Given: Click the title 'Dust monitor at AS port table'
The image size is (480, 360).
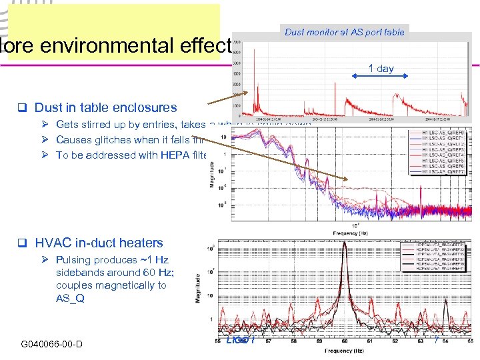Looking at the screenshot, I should (344, 32).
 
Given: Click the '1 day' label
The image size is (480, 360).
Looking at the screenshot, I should (381, 68).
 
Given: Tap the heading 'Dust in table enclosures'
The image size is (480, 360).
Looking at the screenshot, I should (105, 107).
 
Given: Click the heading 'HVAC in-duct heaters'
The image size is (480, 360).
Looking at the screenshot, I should (99, 243).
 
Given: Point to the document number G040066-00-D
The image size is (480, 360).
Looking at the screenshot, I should (51, 344).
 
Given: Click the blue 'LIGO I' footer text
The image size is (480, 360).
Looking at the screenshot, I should (240, 341).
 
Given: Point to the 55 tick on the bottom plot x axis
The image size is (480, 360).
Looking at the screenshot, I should (219, 341).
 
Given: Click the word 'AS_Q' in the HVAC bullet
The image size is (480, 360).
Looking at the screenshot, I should (70, 298).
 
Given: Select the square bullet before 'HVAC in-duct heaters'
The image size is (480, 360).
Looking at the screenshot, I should (21, 243).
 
